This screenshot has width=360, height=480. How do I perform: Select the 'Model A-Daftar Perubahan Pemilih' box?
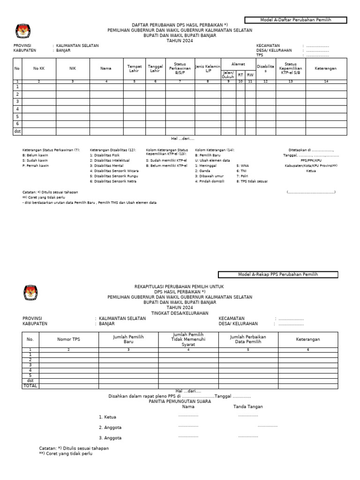pos(295,20)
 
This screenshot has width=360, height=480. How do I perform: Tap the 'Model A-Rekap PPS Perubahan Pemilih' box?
pos(277,274)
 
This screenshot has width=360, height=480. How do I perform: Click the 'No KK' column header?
pos(39,68)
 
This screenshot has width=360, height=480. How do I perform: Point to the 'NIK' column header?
pos(73,68)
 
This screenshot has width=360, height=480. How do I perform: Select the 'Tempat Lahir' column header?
pos(135,68)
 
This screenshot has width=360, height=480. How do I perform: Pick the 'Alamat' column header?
pos(238,64)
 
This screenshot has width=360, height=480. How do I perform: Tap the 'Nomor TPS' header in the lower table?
pos(69,339)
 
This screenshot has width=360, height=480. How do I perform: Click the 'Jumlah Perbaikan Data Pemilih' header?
pos(248,339)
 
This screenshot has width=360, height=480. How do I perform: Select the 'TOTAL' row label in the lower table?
pos(30,386)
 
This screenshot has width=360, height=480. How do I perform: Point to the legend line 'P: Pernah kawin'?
pos(36,165)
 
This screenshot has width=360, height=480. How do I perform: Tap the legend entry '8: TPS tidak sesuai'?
pos(252,181)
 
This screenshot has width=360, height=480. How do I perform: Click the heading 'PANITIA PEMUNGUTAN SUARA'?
pos(180,401)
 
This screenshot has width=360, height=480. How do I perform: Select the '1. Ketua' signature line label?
pos(107,417)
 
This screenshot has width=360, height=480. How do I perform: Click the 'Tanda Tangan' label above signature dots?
pos(248,407)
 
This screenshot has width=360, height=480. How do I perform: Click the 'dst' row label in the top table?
pos(17,131)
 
